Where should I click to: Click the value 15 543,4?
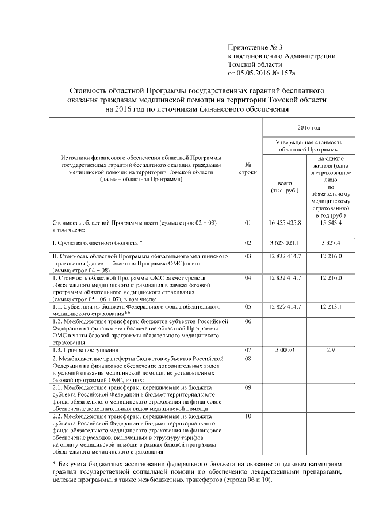(331, 222)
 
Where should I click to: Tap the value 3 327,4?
(331, 243)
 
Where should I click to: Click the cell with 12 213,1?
(331, 306)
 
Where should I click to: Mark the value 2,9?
(331, 349)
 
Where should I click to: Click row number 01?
(248, 222)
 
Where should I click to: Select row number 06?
(248, 321)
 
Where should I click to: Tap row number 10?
(248, 416)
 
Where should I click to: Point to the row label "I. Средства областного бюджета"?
(97, 244)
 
